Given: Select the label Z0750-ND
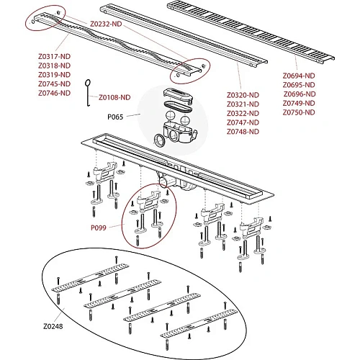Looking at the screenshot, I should (x=298, y=113).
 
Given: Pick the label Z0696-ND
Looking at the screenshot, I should (x=298, y=94).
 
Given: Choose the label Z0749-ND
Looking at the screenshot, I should (x=298, y=104).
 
